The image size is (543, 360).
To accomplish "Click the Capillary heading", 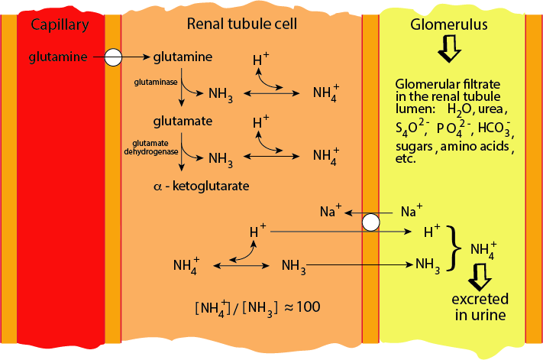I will pos(60,24).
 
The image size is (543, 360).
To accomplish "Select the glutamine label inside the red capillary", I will pos(56,56).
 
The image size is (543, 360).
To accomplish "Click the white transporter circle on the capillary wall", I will pos(113,57).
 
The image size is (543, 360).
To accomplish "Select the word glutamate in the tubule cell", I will pos(182,121).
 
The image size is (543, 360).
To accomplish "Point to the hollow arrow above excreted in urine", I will pos(481,275).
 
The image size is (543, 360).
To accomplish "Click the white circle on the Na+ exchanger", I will pos(370,222).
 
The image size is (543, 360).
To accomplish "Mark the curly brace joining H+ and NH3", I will pos(457,248).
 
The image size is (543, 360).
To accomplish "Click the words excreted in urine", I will pos(480,305).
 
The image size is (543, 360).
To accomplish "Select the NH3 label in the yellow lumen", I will pos(428,264).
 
